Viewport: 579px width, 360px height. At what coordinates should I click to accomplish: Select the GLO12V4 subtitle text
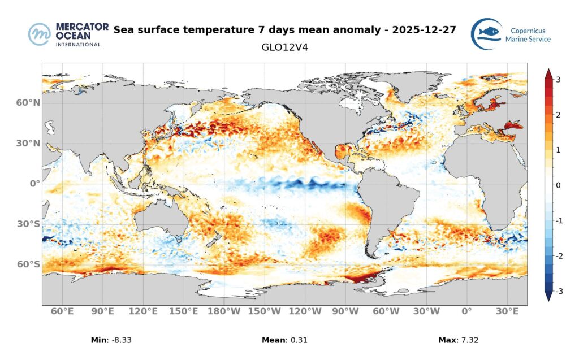click(x=284, y=47)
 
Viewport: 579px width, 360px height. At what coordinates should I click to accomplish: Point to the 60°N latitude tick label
click(x=28, y=103)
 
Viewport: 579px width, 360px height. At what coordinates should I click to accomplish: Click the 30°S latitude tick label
click(x=28, y=224)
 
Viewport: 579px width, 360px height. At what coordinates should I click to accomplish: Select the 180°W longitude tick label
click(x=224, y=311)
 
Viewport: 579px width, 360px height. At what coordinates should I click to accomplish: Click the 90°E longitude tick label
click(x=103, y=311)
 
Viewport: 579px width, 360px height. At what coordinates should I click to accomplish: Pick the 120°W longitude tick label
click(x=306, y=311)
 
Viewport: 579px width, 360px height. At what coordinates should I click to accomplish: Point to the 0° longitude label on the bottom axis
click(x=466, y=311)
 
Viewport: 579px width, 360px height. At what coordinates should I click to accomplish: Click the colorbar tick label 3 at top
click(x=558, y=80)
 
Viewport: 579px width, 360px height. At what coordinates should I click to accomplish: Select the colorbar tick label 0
click(x=558, y=185)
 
